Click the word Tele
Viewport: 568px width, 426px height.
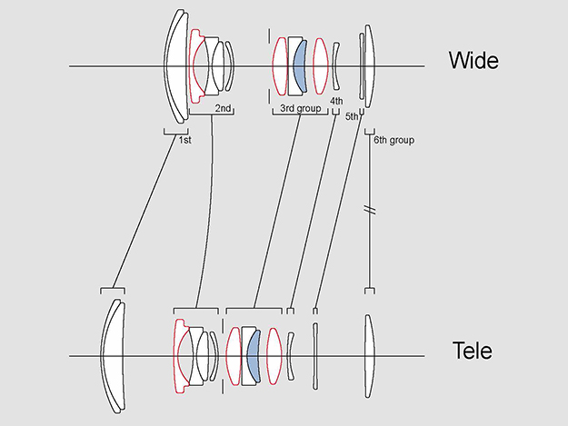click(472, 351)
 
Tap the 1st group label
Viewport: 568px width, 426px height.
click(184, 141)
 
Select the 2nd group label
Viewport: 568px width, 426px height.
click(223, 108)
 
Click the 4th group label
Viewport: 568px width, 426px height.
click(336, 100)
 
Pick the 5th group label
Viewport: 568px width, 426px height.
click(353, 117)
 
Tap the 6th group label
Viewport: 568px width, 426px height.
click(394, 141)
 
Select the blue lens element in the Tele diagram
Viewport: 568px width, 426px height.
click(253, 355)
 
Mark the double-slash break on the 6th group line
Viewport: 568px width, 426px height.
click(370, 211)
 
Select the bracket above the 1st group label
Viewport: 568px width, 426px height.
click(174, 131)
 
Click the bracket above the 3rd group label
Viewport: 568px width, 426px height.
click(299, 114)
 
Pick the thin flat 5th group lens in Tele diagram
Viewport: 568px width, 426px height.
click(314, 355)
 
